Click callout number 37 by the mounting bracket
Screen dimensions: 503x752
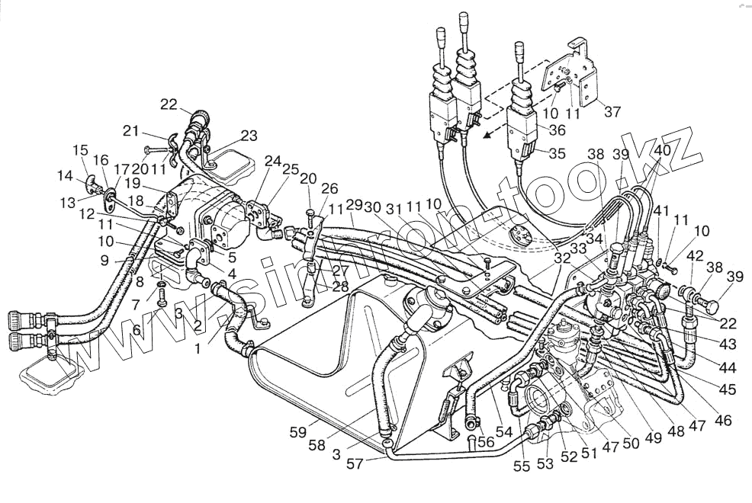pyautogui.click(x=612, y=111)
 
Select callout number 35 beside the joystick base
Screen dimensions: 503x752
pyautogui.click(x=557, y=153)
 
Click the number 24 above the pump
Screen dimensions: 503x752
pyautogui.click(x=272, y=161)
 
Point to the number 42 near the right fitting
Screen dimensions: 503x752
pyautogui.click(x=696, y=257)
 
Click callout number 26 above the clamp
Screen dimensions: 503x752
pyautogui.click(x=329, y=188)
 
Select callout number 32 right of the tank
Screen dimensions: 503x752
pyautogui.click(x=563, y=258)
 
